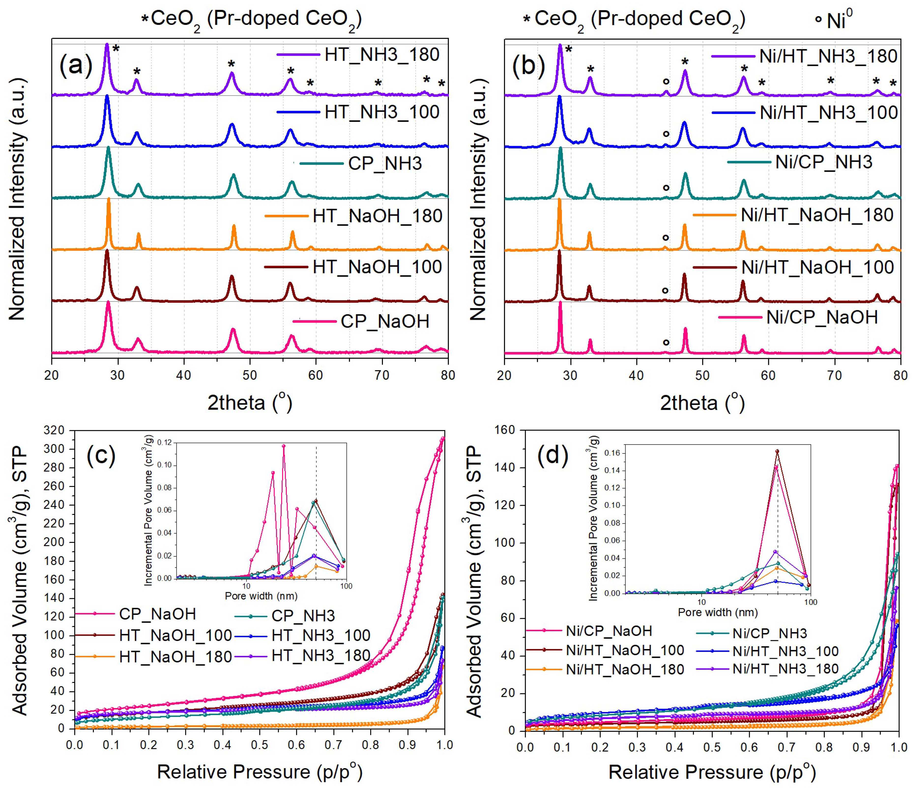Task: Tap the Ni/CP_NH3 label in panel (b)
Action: point(823,162)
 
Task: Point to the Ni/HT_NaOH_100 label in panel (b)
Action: point(817,267)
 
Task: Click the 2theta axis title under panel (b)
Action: point(702,403)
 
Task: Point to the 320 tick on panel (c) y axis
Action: point(55,430)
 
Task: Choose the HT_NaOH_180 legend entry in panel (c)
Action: point(175,657)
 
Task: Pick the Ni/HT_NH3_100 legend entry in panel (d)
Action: point(785,651)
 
